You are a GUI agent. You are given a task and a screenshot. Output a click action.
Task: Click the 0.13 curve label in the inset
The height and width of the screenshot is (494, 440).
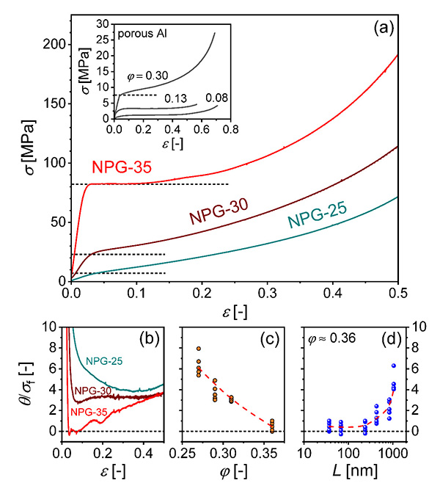pos(174,98)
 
